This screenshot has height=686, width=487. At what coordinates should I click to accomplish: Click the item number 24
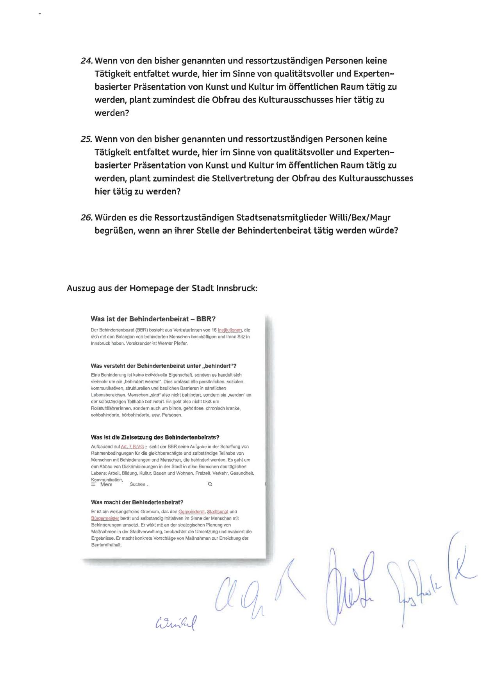tap(86, 61)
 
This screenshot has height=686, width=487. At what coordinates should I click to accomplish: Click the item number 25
tap(86, 140)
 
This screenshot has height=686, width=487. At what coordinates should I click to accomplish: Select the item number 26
tap(86, 218)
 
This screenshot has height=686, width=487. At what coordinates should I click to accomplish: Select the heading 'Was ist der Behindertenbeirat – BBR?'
tap(153, 319)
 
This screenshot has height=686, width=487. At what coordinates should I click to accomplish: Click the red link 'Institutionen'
tap(230, 330)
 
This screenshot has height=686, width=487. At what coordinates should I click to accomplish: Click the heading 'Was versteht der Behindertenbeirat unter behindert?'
tap(164, 366)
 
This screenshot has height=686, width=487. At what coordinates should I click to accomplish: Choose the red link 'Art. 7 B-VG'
tap(132, 447)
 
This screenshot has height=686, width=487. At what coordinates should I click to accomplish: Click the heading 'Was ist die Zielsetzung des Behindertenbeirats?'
tap(155, 438)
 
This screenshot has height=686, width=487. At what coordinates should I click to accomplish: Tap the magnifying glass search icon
tap(210, 484)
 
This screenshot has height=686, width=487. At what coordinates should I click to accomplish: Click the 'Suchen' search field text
tap(139, 484)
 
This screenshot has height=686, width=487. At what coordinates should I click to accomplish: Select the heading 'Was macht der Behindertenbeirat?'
tap(137, 503)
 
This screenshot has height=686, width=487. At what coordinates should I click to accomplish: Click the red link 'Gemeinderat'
tap(191, 512)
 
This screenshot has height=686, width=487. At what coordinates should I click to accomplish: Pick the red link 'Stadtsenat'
tap(218, 512)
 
